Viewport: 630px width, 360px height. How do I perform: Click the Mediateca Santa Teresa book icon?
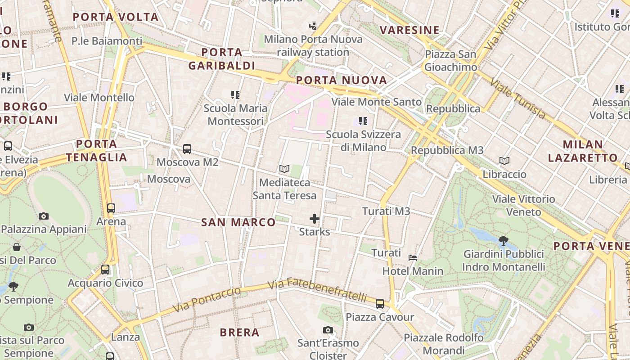click(x=284, y=169)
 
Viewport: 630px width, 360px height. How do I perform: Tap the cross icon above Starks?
click(x=315, y=219)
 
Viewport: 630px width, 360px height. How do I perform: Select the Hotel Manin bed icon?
click(x=412, y=258)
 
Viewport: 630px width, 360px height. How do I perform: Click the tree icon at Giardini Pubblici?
click(x=504, y=241)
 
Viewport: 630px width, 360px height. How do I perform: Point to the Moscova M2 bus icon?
click(x=187, y=148)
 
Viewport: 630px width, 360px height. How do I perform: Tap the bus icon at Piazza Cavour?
click(x=380, y=304)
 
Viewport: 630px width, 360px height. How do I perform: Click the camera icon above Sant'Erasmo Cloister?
click(x=328, y=330)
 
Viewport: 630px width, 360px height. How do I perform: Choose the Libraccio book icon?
click(x=504, y=161)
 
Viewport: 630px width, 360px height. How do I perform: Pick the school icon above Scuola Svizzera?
click(x=363, y=121)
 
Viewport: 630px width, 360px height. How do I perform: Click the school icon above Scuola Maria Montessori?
click(x=235, y=94)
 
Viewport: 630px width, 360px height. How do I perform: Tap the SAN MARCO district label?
click(x=238, y=222)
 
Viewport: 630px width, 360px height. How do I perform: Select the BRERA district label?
click(x=239, y=333)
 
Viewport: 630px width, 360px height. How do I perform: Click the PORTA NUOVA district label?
click(x=342, y=81)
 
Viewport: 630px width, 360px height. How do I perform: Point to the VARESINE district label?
click(x=409, y=30)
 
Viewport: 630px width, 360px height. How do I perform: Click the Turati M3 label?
click(x=386, y=211)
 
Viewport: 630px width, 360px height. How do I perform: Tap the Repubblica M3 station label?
click(x=447, y=150)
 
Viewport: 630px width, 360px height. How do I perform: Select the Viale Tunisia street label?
click(x=518, y=99)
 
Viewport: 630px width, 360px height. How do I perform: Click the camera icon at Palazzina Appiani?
click(x=44, y=216)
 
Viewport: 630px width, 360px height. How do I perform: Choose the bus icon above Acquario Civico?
click(x=105, y=270)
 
